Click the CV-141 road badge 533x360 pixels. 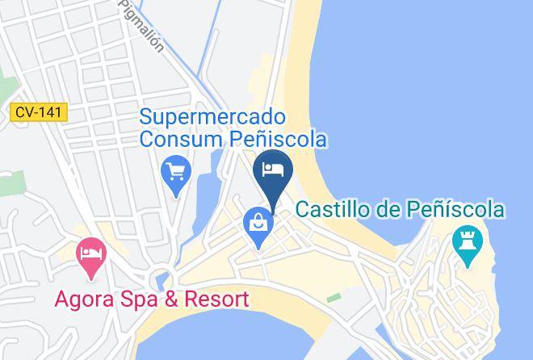(39, 114)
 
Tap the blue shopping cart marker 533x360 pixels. (176, 172)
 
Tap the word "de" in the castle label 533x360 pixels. (387, 210)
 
